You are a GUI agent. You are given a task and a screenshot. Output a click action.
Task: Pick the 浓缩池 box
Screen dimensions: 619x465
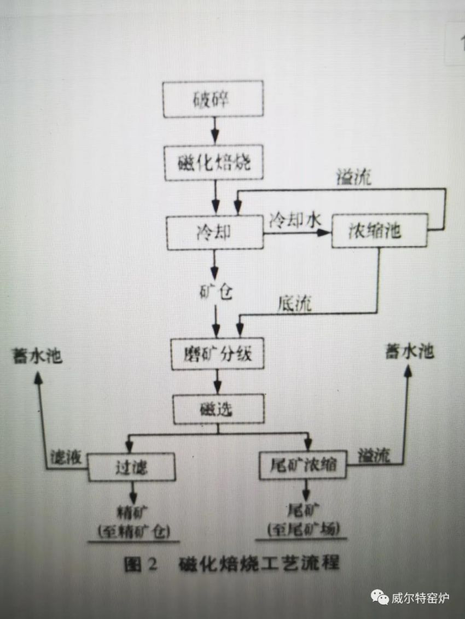click(x=378, y=232)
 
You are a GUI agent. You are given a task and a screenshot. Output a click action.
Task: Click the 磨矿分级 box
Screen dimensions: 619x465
click(x=217, y=356)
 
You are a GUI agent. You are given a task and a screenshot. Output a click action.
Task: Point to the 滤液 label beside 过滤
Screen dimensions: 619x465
click(x=66, y=457)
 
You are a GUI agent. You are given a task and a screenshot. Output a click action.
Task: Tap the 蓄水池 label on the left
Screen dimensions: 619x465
click(x=38, y=357)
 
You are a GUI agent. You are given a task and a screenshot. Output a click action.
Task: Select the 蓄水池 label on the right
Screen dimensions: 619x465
click(x=410, y=353)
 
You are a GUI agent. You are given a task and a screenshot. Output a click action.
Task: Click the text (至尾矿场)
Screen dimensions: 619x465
click(x=304, y=529)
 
